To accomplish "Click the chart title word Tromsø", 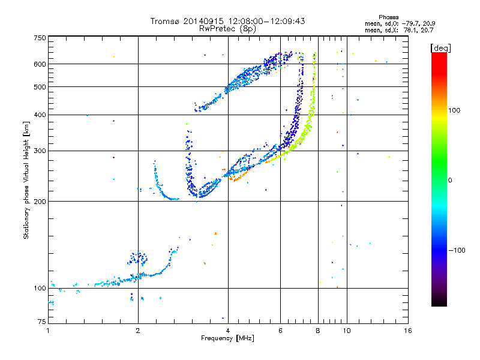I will [165, 21].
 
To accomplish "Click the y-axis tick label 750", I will [40, 38].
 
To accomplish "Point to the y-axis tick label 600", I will [40, 64].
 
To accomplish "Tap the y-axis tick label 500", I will [40, 87].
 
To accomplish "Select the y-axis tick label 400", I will [40, 115].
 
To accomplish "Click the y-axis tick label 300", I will [40, 151].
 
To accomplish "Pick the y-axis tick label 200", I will [40, 201].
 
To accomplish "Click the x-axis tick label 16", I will [407, 331].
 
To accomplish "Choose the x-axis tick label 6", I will [280, 331].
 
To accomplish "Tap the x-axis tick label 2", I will [138, 331].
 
